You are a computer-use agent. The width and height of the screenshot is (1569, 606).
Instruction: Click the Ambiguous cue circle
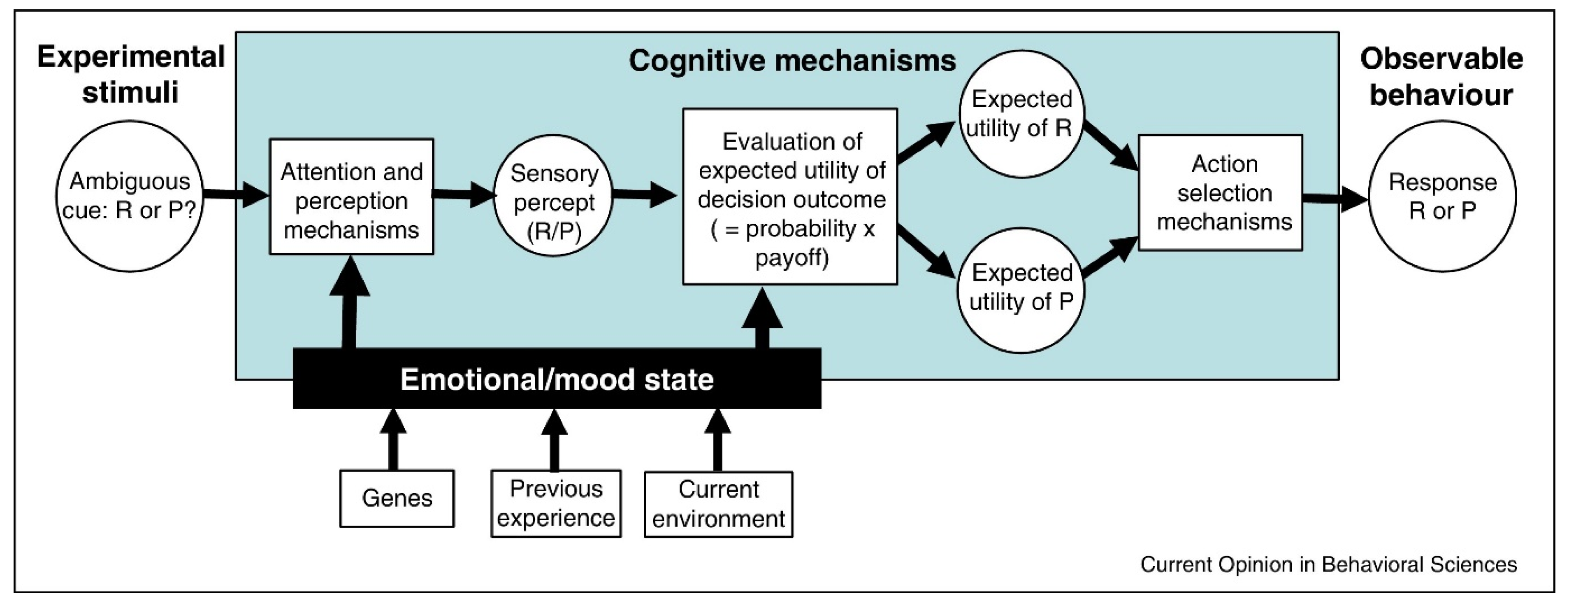click(x=129, y=196)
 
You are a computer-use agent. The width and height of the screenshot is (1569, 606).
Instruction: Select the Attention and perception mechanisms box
click(x=351, y=197)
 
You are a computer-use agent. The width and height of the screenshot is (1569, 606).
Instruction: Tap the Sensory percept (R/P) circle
click(x=553, y=196)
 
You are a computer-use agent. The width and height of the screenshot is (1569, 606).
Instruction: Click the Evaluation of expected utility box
click(x=790, y=197)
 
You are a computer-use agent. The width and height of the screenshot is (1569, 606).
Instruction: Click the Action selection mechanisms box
click(x=1220, y=193)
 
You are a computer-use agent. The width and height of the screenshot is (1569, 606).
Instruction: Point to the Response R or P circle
click(x=1442, y=196)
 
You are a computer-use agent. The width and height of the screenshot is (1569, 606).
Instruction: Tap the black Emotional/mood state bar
click(x=557, y=379)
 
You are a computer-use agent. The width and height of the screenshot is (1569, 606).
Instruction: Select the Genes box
click(x=397, y=498)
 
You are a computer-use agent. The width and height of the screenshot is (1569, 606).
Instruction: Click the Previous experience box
click(x=555, y=503)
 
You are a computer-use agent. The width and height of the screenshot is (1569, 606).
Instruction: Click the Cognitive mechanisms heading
click(x=792, y=61)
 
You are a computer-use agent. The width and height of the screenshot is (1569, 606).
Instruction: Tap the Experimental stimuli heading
click(x=130, y=75)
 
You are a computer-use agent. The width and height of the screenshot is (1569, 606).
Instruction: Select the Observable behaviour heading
click(x=1441, y=77)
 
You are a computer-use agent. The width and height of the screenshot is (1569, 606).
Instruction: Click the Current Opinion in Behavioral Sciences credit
click(x=1328, y=564)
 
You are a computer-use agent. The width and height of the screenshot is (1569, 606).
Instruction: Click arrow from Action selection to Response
click(x=1334, y=199)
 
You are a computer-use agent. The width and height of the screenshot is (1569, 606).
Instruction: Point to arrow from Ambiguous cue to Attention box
click(x=236, y=194)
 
